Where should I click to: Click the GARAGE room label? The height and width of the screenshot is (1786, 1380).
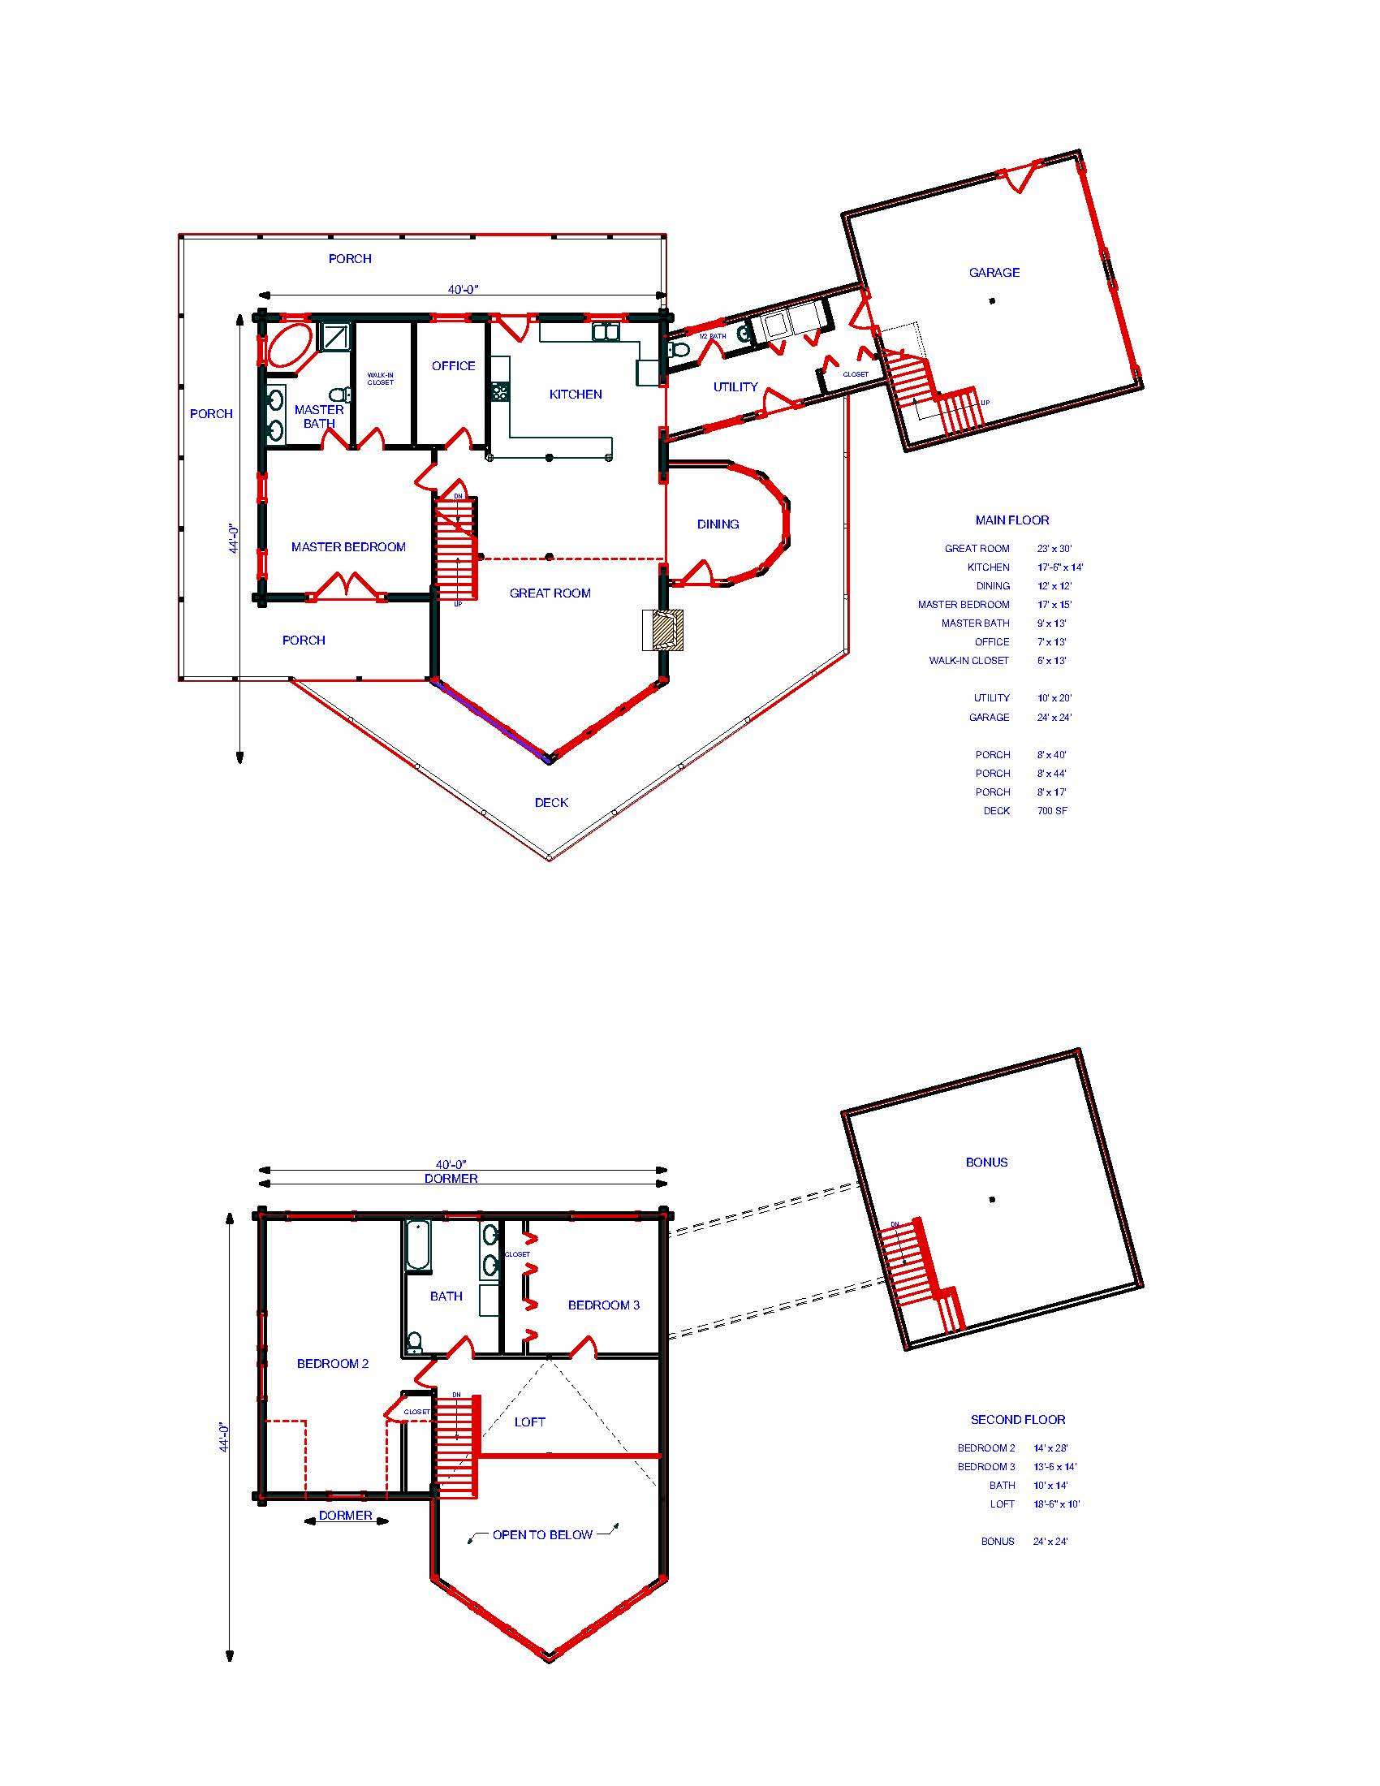pos(994,272)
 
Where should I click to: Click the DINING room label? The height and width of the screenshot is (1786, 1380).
pos(718,524)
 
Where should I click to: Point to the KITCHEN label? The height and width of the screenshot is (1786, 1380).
pos(576,395)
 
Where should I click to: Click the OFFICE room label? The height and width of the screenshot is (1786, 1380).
pos(453,365)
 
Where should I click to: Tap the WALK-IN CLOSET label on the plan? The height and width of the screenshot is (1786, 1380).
pos(380,378)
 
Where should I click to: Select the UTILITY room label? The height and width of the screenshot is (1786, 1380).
pos(735,386)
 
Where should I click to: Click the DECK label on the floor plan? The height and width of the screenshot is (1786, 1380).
pos(551,802)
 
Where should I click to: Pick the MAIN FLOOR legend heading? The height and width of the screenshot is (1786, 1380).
pos(1011,520)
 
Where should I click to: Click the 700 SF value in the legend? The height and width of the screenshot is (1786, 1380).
pos(1052,810)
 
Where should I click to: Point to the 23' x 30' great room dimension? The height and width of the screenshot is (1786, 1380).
pos(1054,549)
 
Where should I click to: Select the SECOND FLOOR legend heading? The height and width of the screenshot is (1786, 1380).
pos(1018,1420)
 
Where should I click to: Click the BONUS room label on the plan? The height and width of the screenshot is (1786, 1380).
pos(986,1162)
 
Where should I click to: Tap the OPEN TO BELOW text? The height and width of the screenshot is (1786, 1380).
pos(542,1535)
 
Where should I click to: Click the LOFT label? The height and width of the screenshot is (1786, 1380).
pos(530,1422)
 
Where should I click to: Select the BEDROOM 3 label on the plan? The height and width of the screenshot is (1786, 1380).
pos(603,1305)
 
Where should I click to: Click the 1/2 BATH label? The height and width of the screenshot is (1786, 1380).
pos(712,336)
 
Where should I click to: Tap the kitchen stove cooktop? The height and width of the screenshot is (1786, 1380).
pos(499,392)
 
